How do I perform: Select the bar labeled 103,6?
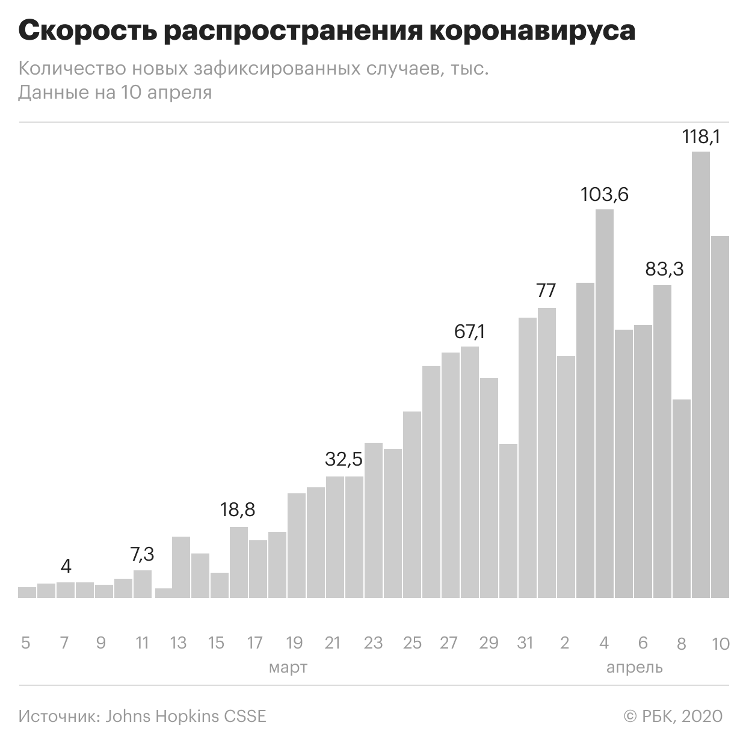click(x=605, y=403)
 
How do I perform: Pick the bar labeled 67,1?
click(x=470, y=472)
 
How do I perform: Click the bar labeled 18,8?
click(x=239, y=562)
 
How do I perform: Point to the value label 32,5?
click(x=344, y=460)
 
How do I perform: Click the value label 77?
click(x=546, y=291)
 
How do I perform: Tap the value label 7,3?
click(x=143, y=553)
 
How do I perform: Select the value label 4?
click(x=66, y=567)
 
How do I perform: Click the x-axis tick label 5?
click(x=25, y=643)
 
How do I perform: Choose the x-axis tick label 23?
click(x=373, y=643)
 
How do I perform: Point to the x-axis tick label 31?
click(x=525, y=643)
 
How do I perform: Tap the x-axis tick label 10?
click(x=720, y=644)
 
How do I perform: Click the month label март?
click(x=288, y=667)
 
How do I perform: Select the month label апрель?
click(x=634, y=667)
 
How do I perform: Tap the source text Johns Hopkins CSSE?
click(x=185, y=717)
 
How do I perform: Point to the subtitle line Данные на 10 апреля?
click(x=115, y=93)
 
